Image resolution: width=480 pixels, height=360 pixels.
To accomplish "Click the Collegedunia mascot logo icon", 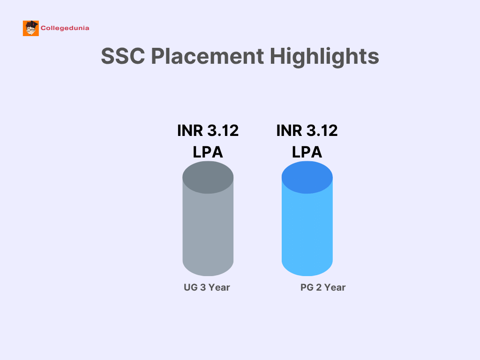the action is [31, 28].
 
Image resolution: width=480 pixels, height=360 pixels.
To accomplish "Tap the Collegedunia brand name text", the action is [65, 28].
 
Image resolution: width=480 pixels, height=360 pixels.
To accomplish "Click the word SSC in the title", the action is [123, 56].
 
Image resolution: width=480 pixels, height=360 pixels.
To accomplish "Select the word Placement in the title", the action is [207, 56].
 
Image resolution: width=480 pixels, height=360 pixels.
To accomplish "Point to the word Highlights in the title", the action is [324, 57].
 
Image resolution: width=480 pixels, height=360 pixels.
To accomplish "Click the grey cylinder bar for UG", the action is [208, 218].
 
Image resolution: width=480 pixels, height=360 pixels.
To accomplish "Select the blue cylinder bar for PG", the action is [307, 218].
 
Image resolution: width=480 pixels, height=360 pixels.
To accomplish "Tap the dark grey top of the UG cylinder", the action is [208, 178].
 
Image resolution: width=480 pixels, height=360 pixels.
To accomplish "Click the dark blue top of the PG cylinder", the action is [307, 178].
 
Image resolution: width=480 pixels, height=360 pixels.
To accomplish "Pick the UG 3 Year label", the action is [207, 287].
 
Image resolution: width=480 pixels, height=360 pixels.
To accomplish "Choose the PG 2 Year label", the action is [323, 287].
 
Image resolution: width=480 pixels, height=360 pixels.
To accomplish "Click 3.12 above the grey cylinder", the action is [223, 131].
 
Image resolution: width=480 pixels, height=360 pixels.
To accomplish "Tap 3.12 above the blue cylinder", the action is [322, 131].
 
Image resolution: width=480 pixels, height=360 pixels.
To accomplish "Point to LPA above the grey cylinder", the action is [208, 152].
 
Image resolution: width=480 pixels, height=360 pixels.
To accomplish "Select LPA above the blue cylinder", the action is [307, 152].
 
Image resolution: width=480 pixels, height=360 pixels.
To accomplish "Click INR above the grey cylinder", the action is [190, 131].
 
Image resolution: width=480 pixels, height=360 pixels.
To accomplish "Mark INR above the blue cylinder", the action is [289, 131].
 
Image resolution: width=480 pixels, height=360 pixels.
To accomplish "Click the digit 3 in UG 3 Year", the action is [203, 287].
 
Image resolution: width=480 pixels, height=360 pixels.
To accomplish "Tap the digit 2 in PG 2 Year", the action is [319, 287].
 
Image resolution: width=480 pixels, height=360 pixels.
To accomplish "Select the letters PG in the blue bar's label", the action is [307, 287].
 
